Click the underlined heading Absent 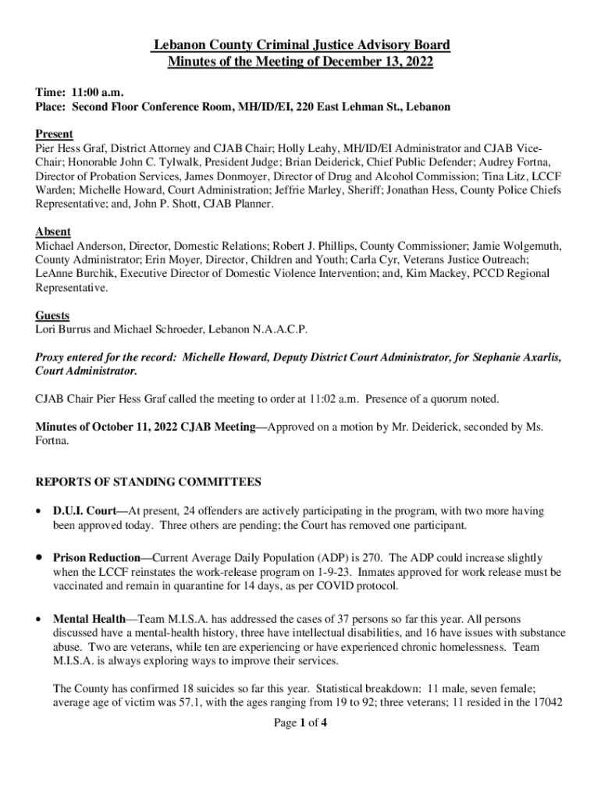53,232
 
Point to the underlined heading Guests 52,315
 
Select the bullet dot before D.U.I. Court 39,512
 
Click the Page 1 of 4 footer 300,723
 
